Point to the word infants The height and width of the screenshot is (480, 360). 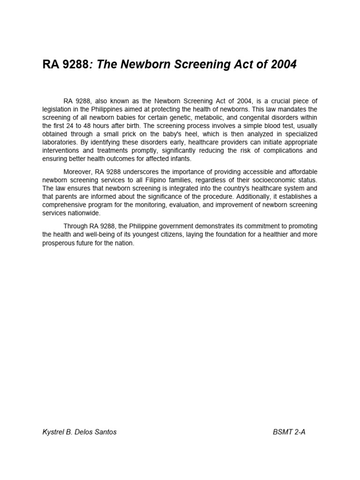180,158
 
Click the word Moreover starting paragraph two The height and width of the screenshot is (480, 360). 78,172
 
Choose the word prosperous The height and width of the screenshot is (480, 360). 60,243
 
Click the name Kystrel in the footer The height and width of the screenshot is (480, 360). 53,432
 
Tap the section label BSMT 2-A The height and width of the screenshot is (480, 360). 289,432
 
